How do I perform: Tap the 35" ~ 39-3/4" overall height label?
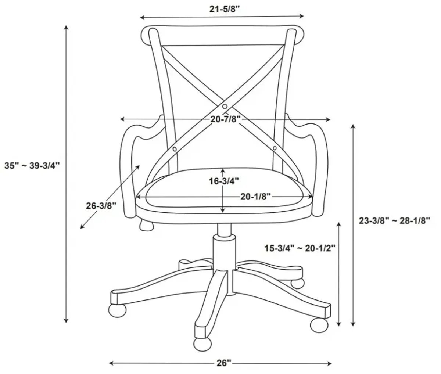(x=32, y=166)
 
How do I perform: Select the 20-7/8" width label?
(x=226, y=119)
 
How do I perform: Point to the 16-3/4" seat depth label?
(x=223, y=181)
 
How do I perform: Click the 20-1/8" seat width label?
(x=256, y=197)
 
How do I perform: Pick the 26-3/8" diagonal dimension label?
(x=101, y=206)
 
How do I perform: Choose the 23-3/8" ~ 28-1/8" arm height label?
(x=394, y=220)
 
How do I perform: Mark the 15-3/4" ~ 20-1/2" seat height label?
(x=300, y=248)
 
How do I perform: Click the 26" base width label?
(x=223, y=363)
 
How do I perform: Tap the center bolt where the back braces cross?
(x=225, y=106)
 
